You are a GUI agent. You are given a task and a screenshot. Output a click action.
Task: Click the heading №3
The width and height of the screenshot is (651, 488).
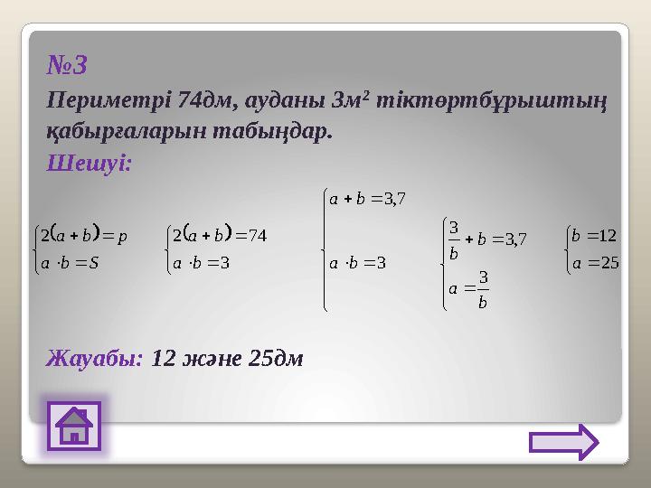[x=67, y=65]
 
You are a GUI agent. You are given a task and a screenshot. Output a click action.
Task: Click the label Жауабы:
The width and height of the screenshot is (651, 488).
[x=95, y=358]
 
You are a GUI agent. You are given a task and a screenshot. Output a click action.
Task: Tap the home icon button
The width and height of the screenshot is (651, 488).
[x=74, y=427]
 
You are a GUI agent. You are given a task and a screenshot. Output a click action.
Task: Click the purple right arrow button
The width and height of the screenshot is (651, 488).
[x=563, y=443]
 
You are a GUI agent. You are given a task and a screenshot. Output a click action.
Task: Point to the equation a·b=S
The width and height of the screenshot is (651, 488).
[x=73, y=264]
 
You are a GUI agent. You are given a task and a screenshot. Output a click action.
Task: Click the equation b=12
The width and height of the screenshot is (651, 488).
[x=593, y=237]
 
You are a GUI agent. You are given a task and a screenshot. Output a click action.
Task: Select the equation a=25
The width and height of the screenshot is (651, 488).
[x=593, y=264]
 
